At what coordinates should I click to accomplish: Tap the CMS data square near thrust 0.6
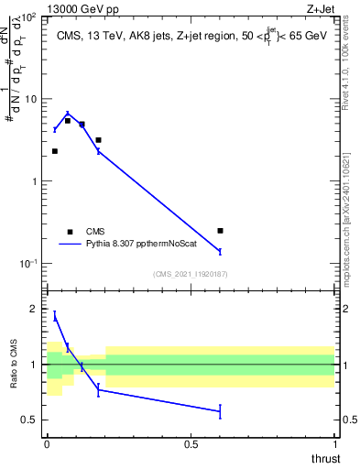[220, 231]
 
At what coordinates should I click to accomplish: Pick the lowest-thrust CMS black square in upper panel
[55, 151]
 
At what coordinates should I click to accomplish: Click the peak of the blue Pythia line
[68, 115]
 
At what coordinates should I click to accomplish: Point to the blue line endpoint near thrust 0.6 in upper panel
[220, 251]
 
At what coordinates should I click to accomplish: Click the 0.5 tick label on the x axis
[191, 444]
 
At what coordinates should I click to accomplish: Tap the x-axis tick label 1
[334, 444]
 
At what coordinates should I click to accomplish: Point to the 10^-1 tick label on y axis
[27, 263]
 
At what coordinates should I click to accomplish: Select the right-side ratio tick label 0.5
[348, 420]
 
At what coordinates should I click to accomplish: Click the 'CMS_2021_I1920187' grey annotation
[191, 273]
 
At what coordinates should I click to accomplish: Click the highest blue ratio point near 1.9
[55, 316]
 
